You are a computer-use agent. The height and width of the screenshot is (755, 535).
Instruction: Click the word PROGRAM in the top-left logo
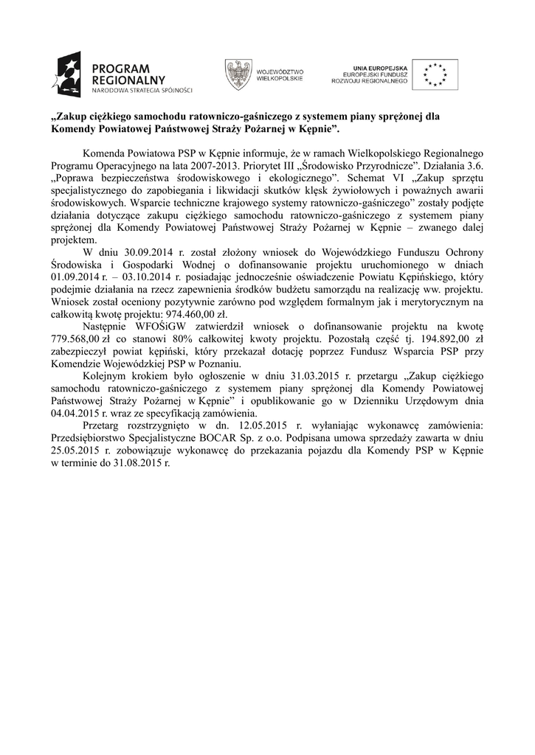coord(120,67)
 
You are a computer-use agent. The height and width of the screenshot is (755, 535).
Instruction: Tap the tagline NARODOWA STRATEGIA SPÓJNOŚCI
coord(141,91)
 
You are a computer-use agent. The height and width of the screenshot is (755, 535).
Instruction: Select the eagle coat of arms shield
coord(237,74)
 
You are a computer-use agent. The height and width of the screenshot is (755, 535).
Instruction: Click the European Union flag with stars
coord(435,74)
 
